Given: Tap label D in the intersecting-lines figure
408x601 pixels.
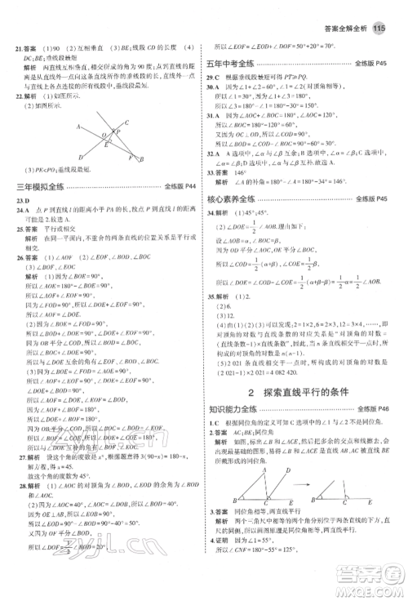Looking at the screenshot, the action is coord(81,157).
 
